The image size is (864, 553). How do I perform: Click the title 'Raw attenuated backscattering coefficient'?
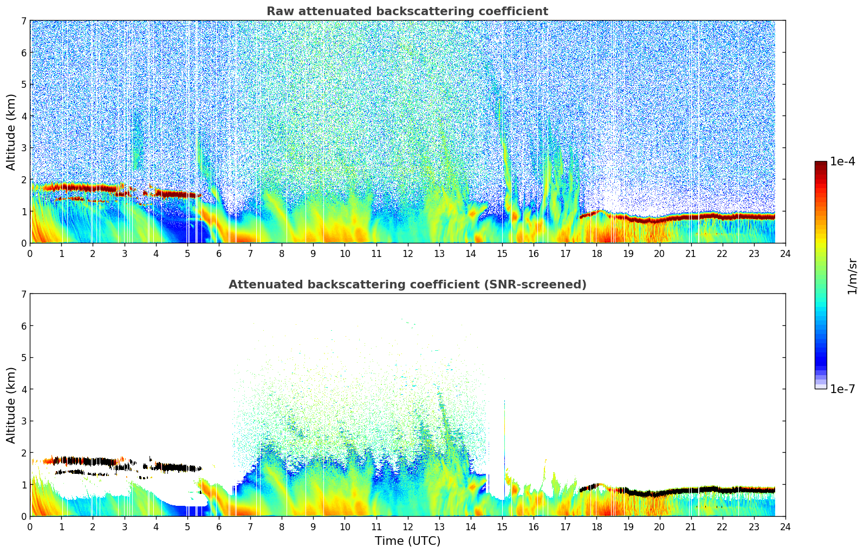click(407, 11)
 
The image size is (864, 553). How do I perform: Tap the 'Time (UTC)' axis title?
click(407, 541)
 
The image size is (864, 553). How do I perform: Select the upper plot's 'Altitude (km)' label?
click(11, 132)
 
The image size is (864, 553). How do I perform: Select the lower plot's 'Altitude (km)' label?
click(11, 405)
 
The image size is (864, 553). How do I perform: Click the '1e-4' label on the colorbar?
click(842, 162)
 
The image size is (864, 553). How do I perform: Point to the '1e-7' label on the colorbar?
click(842, 389)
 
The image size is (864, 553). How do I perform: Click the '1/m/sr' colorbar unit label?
click(852, 276)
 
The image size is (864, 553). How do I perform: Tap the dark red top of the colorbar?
click(820, 164)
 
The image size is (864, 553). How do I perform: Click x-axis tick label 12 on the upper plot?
click(407, 253)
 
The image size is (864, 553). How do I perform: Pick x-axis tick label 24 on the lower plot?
click(785, 526)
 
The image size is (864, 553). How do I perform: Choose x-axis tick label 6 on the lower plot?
click(219, 526)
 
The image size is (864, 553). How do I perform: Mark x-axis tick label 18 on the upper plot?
click(596, 253)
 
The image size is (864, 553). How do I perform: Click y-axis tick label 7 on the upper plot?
click(23, 21)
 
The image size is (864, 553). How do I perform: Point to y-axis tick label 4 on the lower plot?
click(23, 389)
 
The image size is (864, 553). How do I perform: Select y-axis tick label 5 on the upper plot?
click(23, 85)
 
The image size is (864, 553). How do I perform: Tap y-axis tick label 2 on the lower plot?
click(23, 453)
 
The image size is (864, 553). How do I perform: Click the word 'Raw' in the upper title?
click(278, 11)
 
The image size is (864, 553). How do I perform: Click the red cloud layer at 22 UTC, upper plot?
click(722, 216)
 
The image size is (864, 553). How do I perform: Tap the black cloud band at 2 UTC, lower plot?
click(93, 461)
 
